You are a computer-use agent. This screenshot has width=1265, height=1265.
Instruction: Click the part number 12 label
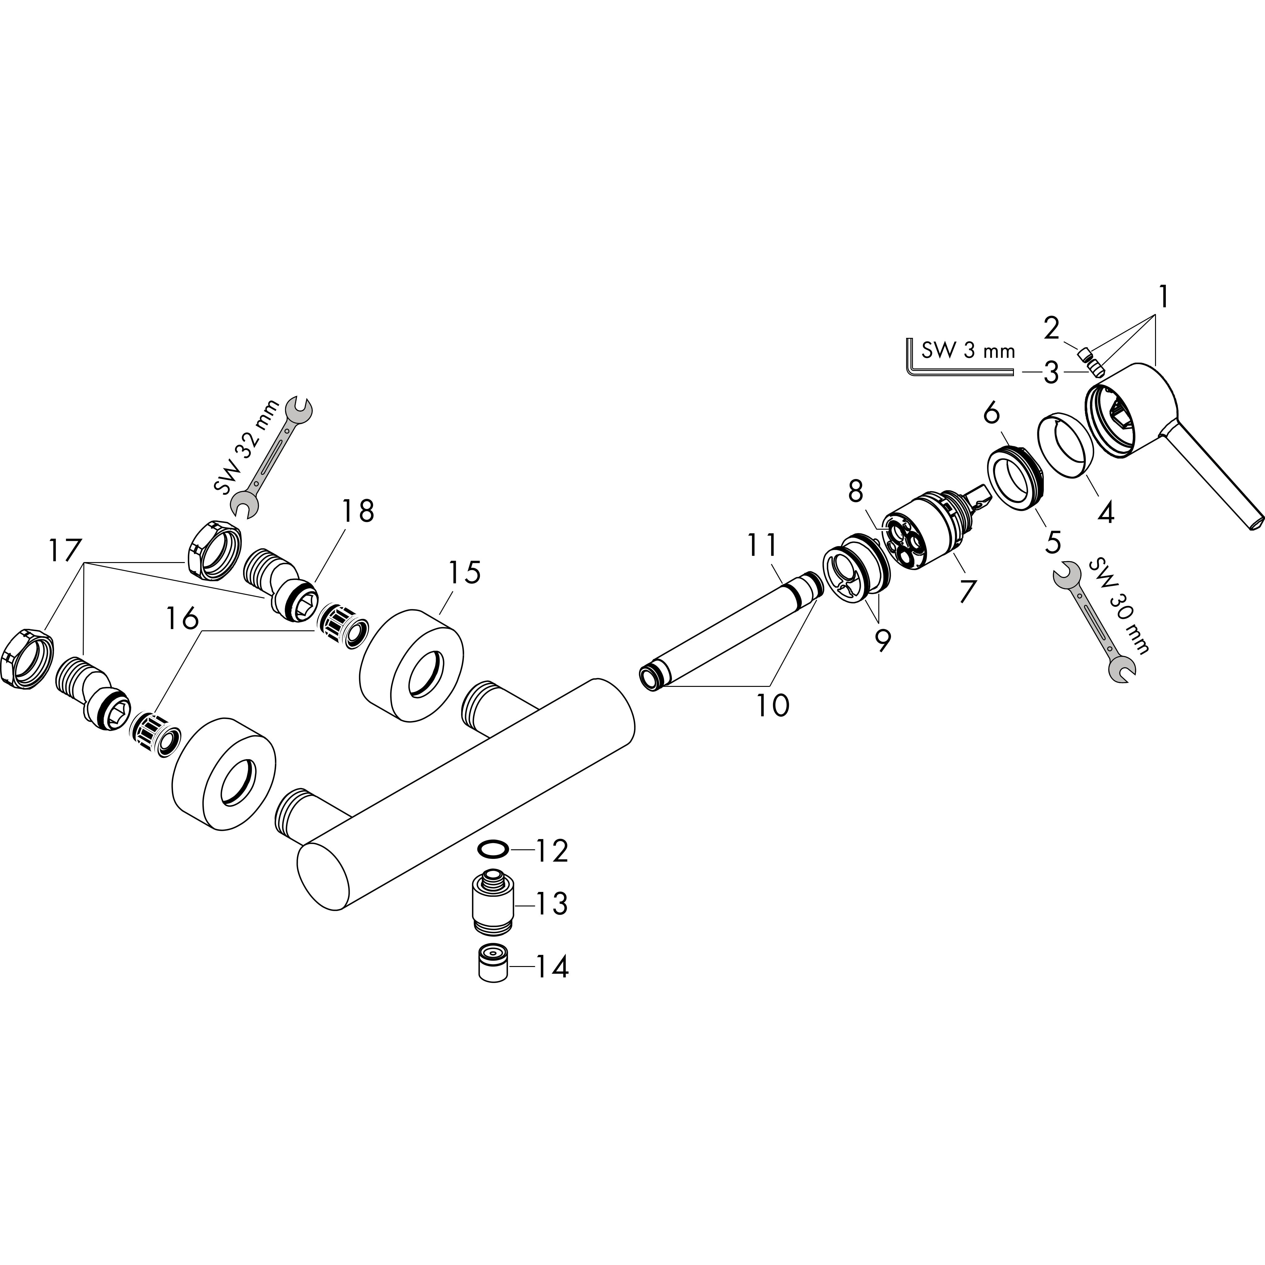click(552, 851)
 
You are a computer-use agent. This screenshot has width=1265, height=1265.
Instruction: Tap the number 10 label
click(773, 705)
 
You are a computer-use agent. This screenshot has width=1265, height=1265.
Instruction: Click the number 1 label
click(1163, 299)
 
